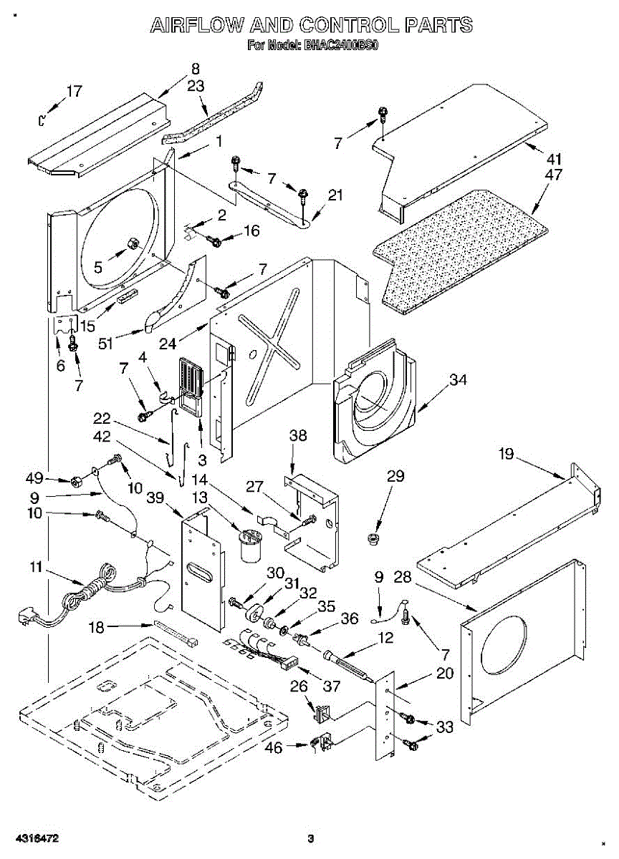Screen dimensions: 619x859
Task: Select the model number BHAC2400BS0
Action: click(x=341, y=46)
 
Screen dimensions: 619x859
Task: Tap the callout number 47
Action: click(x=553, y=175)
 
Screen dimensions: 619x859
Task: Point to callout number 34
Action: click(x=459, y=380)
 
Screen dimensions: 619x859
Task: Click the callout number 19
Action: click(x=507, y=454)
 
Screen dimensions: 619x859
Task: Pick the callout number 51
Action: click(x=105, y=343)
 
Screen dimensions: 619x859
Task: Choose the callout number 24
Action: click(x=168, y=344)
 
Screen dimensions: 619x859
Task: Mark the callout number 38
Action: click(x=298, y=436)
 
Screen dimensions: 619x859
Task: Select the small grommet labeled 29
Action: click(x=373, y=538)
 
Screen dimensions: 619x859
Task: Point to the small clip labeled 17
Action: click(x=42, y=120)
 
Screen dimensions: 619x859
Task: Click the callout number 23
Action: click(x=196, y=86)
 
